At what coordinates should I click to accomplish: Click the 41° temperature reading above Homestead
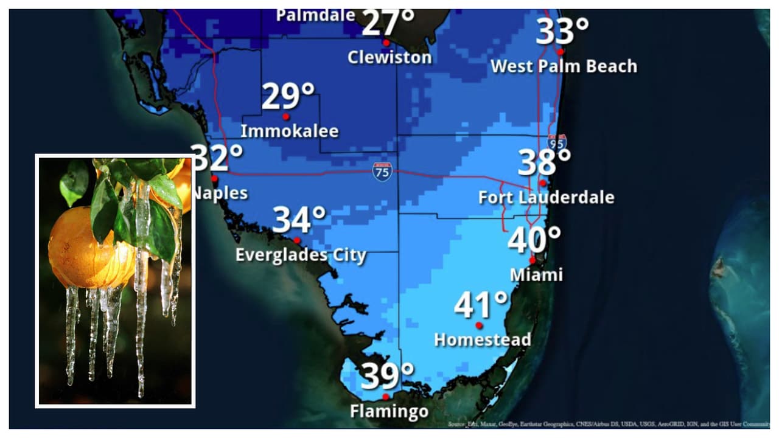(x=481, y=305)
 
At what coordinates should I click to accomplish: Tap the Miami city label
(x=536, y=274)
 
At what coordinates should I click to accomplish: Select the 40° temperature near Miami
(x=534, y=240)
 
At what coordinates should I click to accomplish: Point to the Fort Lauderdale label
(x=546, y=198)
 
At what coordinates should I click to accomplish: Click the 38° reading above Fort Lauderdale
(x=544, y=162)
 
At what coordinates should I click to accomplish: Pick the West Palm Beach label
(x=564, y=66)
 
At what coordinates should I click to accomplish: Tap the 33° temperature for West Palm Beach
(x=562, y=32)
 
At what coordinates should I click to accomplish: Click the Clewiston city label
(x=389, y=57)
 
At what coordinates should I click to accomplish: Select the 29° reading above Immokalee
(x=288, y=96)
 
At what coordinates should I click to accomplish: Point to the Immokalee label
(x=289, y=131)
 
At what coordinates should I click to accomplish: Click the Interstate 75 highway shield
(x=382, y=172)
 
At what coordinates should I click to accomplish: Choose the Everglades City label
(x=301, y=255)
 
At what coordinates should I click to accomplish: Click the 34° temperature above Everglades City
(x=299, y=220)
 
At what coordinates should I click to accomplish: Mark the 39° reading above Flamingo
(x=387, y=377)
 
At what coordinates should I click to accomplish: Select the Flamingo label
(x=389, y=412)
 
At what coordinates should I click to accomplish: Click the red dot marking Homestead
(x=479, y=325)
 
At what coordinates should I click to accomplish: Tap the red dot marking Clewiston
(x=386, y=43)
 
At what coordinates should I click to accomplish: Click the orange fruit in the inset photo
(x=85, y=249)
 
